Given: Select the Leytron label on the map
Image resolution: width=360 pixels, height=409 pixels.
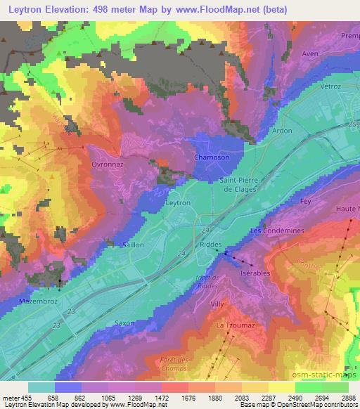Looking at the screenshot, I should [x=177, y=202].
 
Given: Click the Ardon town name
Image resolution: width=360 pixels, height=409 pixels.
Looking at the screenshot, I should [x=282, y=131].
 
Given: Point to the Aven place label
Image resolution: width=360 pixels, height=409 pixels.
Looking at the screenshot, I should [x=310, y=53].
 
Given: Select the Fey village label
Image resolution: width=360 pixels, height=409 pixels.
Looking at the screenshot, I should [x=305, y=202].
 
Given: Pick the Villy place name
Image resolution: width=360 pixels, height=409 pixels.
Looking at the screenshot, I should [x=217, y=304].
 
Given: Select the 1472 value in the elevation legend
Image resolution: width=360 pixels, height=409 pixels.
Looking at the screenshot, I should [x=148, y=396].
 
